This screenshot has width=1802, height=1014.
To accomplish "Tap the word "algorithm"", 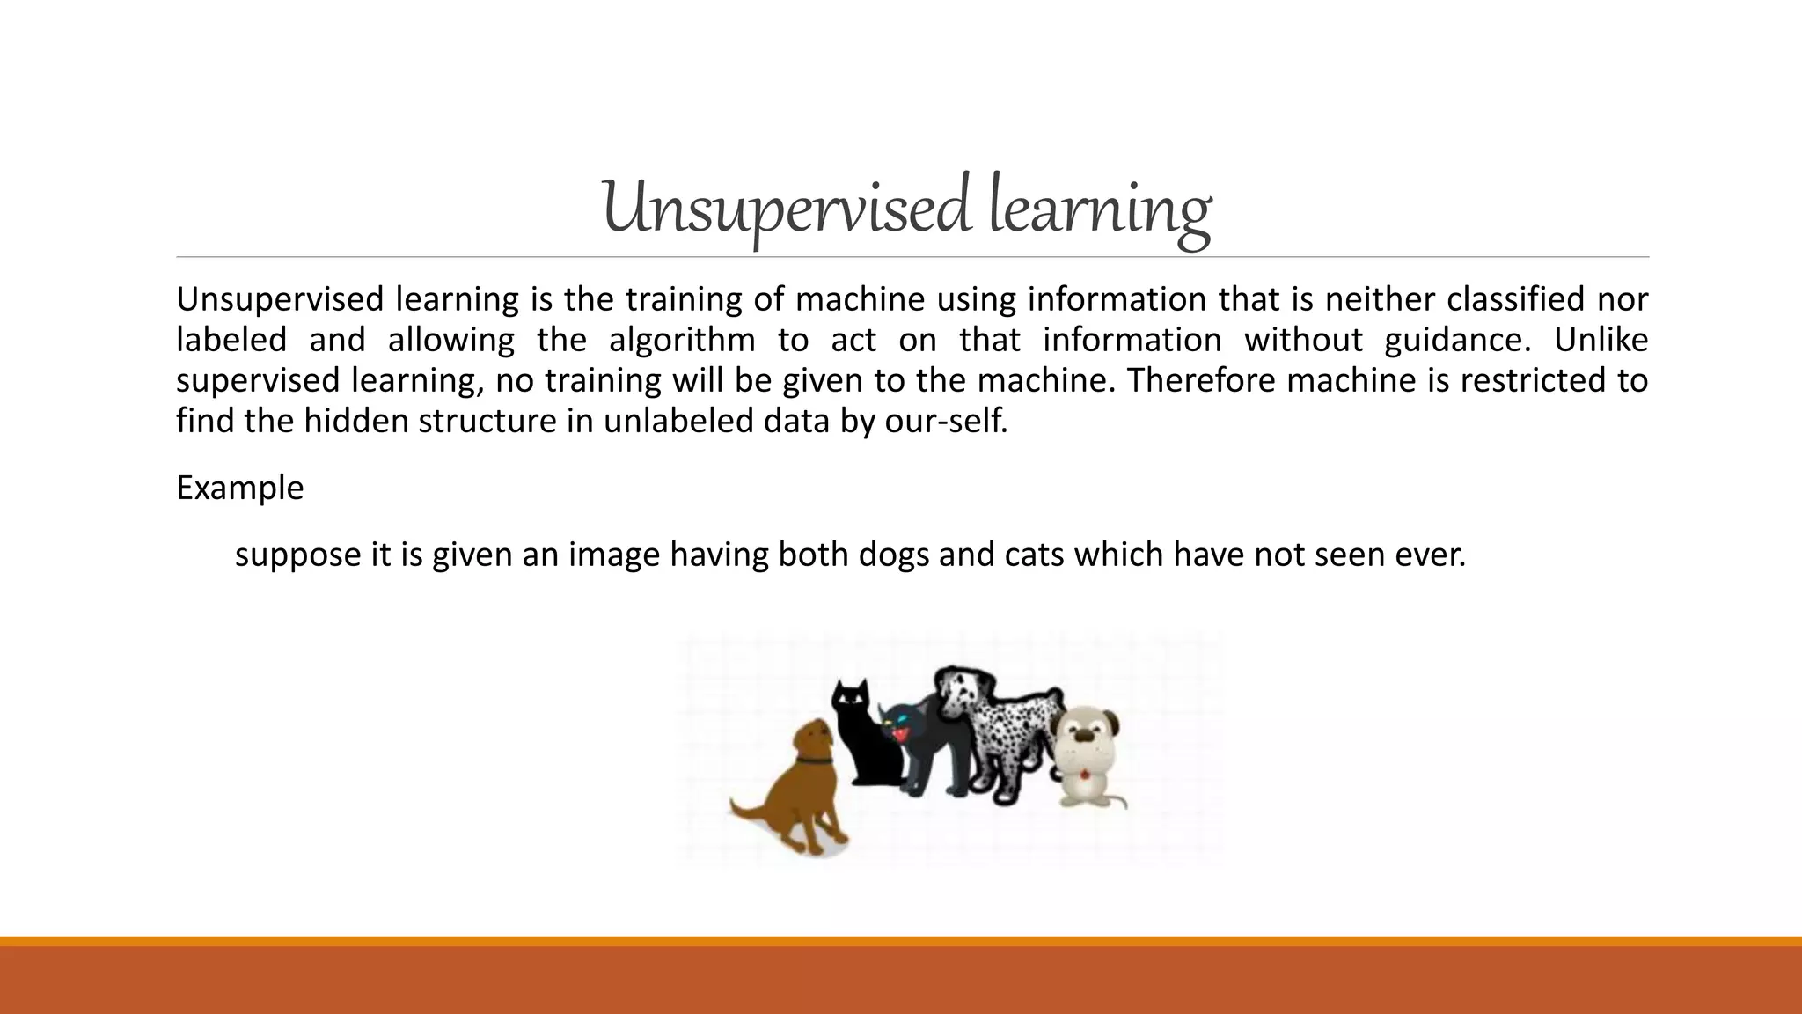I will pyautogui.click(x=682, y=341).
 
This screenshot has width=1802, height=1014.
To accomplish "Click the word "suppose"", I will pyautogui.click(x=295, y=555).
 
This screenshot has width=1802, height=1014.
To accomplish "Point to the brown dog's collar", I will pyautogui.click(x=814, y=758).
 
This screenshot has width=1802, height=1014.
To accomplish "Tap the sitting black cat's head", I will pyautogui.click(x=851, y=699).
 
